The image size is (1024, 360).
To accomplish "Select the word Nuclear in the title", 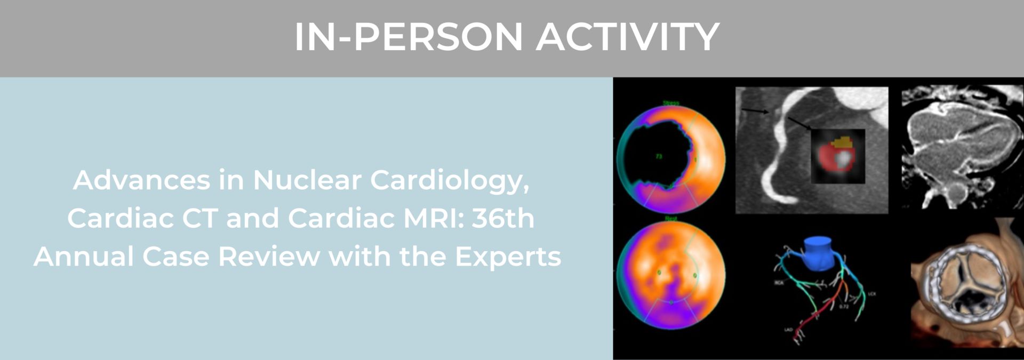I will coord(307,180).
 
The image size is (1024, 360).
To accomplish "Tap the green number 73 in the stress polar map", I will coord(659,156).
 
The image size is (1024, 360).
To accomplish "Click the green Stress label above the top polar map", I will coord(670,102).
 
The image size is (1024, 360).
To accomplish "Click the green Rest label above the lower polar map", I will coord(670,219).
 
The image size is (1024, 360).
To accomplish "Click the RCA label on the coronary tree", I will coord(779,283).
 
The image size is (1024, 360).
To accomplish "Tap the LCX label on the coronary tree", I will coord(871,294).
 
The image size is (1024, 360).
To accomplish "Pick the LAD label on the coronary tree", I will coord(788,330).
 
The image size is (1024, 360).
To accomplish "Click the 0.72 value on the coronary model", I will coord(844,307).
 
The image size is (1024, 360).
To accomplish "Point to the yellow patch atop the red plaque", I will coord(842,142).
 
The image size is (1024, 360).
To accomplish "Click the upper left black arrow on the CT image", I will coord(753,111).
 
